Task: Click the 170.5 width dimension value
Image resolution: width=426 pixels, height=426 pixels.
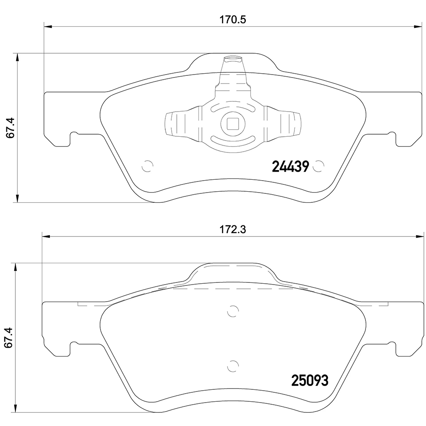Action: coord(233,19)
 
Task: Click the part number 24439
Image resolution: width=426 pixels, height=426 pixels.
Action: coord(290,167)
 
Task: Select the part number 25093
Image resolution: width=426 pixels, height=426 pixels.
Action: coord(309,380)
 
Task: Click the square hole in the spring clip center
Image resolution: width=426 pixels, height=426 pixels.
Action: coord(233,124)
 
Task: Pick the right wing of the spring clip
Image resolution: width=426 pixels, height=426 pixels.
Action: coord(285,124)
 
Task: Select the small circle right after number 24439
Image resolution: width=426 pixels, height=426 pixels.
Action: coord(317,167)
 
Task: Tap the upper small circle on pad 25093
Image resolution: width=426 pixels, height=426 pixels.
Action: coord(233,312)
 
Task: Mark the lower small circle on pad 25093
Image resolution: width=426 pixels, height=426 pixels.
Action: coord(233,366)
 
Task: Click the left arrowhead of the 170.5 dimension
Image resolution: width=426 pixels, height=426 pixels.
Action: coord(48,26)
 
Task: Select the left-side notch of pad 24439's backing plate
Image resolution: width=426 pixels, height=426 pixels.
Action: coord(74,139)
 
